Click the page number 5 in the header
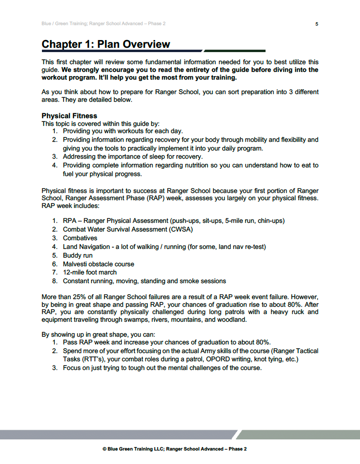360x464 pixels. tap(317, 24)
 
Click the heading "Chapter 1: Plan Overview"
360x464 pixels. tap(106, 44)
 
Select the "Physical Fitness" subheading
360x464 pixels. tap(69, 116)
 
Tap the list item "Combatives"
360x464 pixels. tap(80, 238)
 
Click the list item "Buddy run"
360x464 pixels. tap(78, 255)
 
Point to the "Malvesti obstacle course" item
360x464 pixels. tap(98, 264)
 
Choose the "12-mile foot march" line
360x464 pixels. tap(90, 273)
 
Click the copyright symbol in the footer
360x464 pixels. tap(105, 449)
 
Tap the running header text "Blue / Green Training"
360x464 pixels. tap(62, 24)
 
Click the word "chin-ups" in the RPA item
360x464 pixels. tap(270, 220)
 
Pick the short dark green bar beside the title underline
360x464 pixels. tap(235, 51)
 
